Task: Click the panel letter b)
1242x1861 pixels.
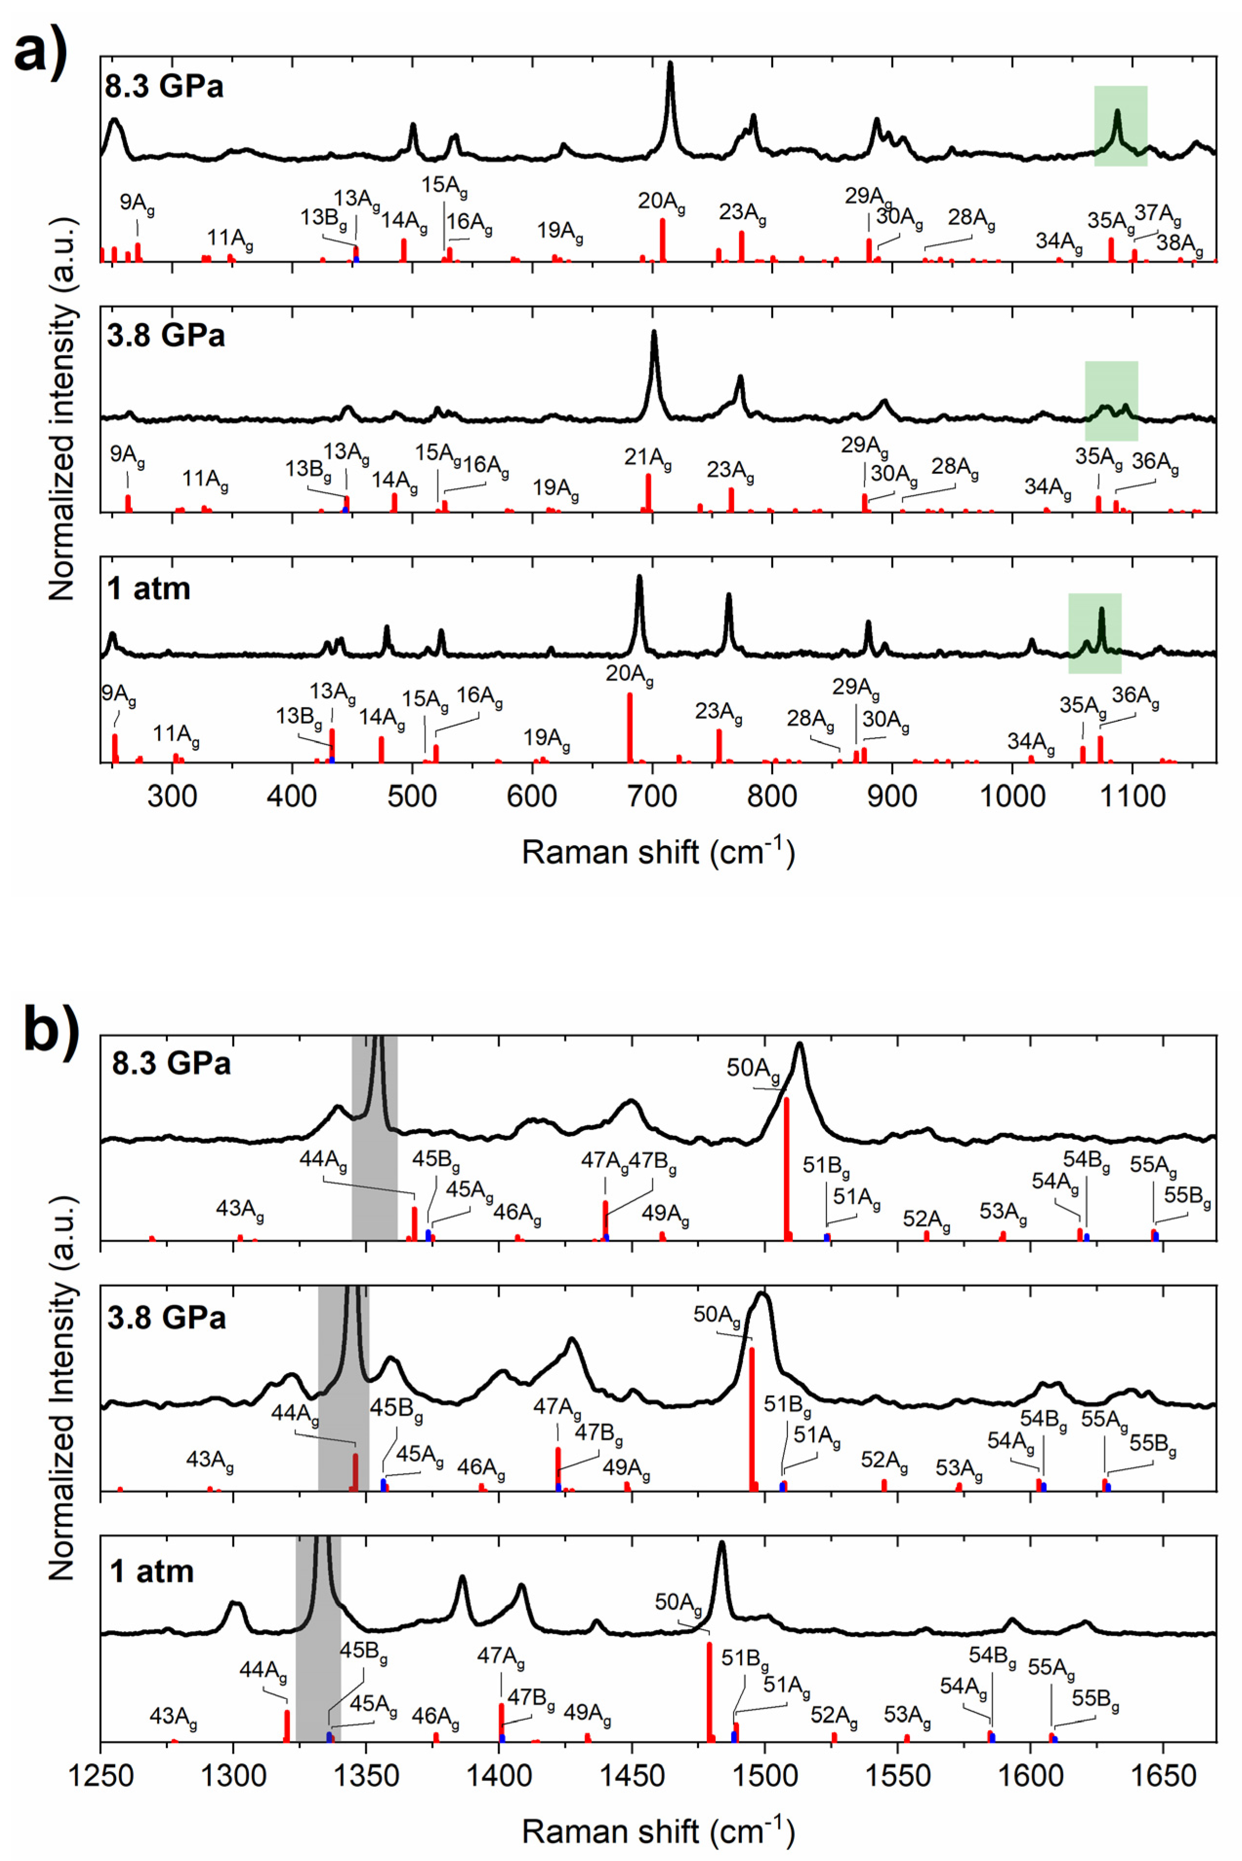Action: coord(50,1029)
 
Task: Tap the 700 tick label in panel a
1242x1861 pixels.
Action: coord(652,795)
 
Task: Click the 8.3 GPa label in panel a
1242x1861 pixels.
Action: coord(164,85)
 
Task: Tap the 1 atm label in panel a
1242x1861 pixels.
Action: coord(149,588)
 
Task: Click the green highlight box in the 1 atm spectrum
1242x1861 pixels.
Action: coord(1094,632)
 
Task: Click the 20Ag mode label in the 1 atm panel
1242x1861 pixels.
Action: coord(630,675)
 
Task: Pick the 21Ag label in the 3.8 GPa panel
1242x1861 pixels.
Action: coord(648,458)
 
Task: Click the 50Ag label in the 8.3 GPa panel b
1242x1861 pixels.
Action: coord(753,1069)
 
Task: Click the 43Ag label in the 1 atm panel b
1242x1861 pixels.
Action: coord(173,1718)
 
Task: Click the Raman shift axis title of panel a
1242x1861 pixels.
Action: coord(658,851)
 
